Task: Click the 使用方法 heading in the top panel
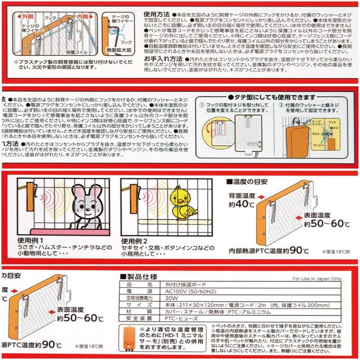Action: (157, 14)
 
